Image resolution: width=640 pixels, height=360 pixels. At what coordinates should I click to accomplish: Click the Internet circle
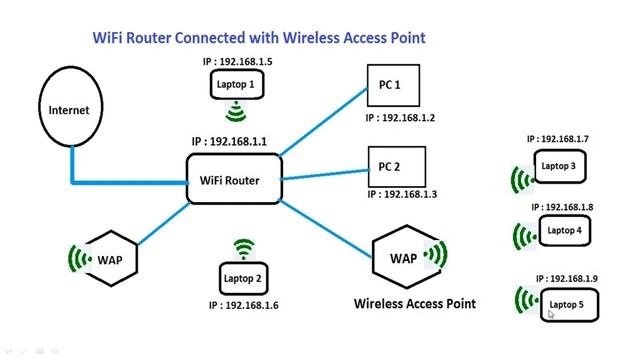point(70,110)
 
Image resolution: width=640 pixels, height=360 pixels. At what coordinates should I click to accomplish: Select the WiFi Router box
point(229,181)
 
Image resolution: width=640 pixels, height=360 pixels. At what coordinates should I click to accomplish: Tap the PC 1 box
point(396,87)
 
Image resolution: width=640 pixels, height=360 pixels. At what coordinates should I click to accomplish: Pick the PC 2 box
point(396,164)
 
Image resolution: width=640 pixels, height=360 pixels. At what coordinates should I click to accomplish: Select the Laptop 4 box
point(565,231)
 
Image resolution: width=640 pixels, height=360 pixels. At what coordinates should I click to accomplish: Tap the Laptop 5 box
point(567,304)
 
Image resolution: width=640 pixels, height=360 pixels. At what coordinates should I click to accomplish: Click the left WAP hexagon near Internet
point(109,259)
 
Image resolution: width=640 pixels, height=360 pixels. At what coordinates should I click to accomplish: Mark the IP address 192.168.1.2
point(400,117)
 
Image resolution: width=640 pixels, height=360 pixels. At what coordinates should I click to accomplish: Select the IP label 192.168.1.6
point(245,305)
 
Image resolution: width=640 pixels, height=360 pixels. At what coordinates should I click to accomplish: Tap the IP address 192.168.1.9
point(567,278)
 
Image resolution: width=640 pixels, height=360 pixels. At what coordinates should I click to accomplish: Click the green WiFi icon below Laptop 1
point(237,111)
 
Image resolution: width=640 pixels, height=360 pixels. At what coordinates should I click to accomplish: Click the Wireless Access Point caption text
point(414,302)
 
